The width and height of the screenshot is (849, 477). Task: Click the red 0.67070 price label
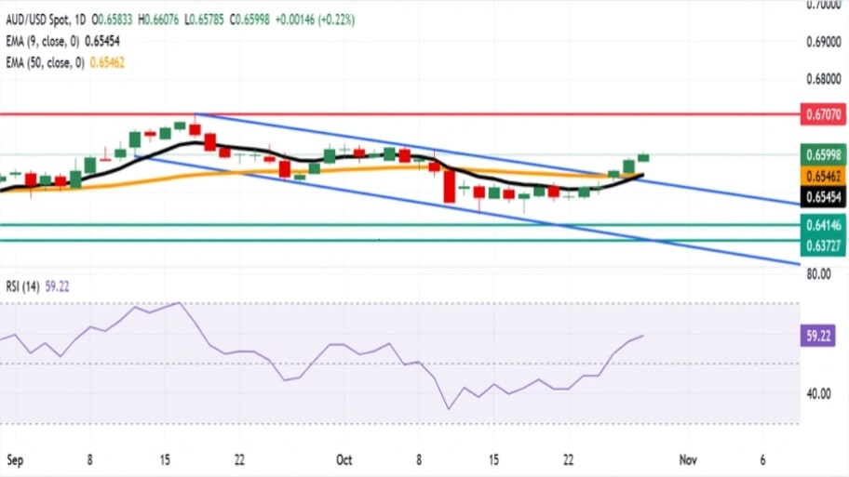coord(822,114)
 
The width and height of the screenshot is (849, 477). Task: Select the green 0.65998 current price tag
coord(822,155)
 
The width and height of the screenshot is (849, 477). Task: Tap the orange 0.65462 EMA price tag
coord(822,176)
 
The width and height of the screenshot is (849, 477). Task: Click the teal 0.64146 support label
coord(822,224)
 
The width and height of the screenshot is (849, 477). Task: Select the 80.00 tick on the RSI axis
coord(820,274)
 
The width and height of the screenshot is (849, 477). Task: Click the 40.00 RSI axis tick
coord(820,393)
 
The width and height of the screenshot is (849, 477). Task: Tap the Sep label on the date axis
coord(15,460)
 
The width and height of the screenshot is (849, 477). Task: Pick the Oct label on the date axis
coord(344,460)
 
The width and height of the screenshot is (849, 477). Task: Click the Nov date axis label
coord(688,460)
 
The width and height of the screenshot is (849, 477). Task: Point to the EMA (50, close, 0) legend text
coord(44,62)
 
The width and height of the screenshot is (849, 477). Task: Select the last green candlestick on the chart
coord(643,157)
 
